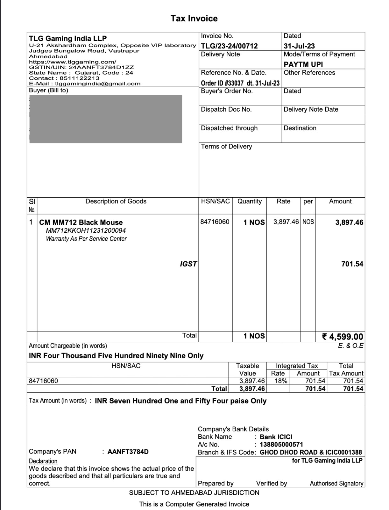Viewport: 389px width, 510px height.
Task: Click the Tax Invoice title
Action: click(194, 18)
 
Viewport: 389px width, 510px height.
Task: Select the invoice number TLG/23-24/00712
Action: click(229, 46)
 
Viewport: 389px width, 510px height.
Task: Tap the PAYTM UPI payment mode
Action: click(303, 64)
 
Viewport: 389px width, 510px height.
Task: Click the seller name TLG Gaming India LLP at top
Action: click(68, 39)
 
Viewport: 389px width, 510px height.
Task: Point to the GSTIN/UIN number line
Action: click(81, 67)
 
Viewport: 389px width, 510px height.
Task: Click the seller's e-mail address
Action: click(98, 84)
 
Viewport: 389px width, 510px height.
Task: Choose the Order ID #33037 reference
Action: click(240, 83)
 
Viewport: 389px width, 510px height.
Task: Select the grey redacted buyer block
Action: click(106, 119)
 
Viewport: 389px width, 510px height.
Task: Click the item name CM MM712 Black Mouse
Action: click(81, 222)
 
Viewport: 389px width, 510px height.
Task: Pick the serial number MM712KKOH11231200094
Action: click(86, 230)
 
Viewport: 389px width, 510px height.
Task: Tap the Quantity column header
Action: click(250, 201)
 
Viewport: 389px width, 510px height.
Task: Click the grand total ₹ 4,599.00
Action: click(343, 337)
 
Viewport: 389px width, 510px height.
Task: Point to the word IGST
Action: click(188, 264)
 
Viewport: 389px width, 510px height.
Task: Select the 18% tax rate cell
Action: click(280, 381)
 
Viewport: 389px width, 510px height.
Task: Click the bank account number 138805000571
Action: click(281, 444)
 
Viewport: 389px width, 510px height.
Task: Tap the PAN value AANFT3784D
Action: click(128, 452)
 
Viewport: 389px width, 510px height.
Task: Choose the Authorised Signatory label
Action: click(336, 484)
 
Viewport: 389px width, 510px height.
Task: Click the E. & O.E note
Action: click(350, 346)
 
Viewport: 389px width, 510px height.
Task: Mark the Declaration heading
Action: click(43, 461)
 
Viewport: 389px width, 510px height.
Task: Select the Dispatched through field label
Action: click(229, 128)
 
